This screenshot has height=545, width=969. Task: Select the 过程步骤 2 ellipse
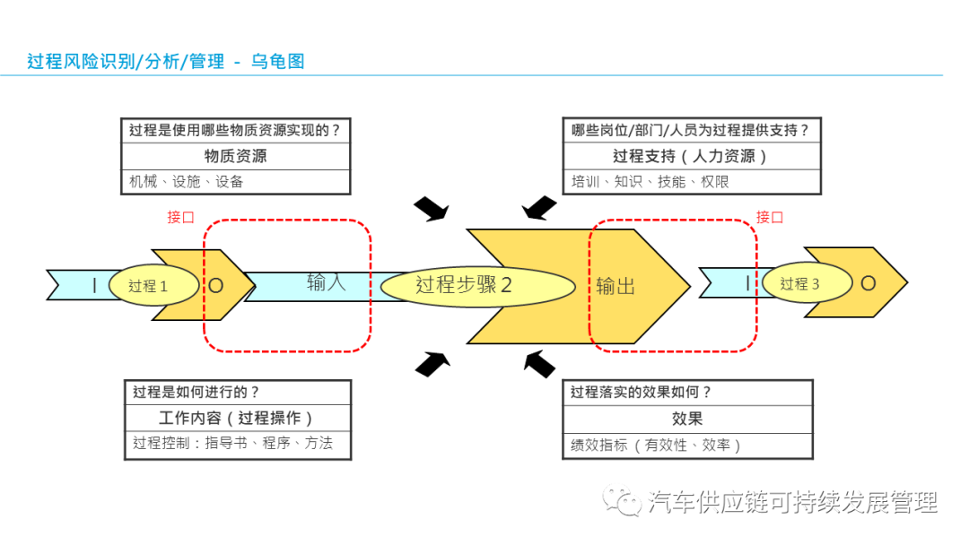[x=476, y=285]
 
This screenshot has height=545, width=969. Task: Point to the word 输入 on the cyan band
[x=326, y=282]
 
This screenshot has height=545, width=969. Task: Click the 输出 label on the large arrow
[x=615, y=286]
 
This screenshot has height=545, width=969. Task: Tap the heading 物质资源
[x=235, y=156]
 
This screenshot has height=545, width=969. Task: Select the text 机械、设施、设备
[x=187, y=181]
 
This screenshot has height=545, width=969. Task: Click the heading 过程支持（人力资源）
[x=691, y=156]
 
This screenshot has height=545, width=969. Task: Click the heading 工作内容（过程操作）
[x=237, y=418]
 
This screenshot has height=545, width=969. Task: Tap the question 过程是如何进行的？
[x=196, y=392]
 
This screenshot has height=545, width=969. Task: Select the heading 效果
[x=687, y=418]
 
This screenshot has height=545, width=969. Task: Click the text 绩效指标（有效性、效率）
[x=657, y=444]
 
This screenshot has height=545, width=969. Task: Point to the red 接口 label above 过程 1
[x=180, y=217]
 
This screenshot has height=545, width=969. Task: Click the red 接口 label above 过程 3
[x=770, y=217]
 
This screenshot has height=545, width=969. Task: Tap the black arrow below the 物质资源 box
[x=432, y=210]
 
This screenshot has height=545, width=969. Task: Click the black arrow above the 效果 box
[x=539, y=363]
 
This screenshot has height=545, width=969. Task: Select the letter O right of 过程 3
[x=868, y=283]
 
